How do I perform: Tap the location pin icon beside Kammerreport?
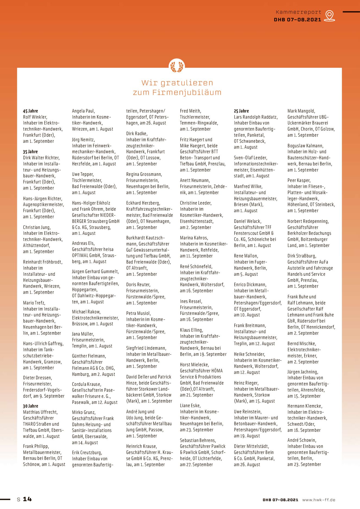[330, 15]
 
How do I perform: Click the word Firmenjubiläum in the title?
[187, 92]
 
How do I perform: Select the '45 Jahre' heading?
[30, 111]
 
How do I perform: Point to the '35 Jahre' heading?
[30, 152]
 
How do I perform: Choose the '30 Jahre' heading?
[30, 406]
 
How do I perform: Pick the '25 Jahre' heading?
[241, 111]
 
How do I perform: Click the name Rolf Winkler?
[35, 117]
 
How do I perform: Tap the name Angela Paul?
[83, 111]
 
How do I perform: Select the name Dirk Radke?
[137, 134]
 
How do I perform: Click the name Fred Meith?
[190, 111]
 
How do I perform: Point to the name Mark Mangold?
[301, 111]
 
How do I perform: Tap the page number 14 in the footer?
[27, 499]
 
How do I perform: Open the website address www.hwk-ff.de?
[319, 500]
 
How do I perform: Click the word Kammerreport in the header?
[298, 12]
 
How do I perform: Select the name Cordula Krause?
[86, 384]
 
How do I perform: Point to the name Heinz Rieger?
[246, 383]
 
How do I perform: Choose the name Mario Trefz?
[34, 303]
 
